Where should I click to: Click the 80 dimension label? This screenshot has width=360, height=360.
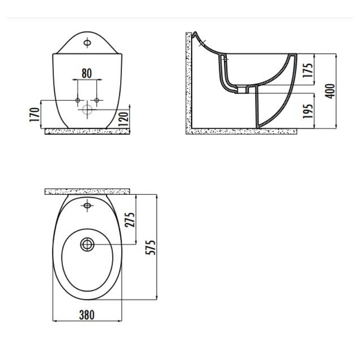[x=87, y=72]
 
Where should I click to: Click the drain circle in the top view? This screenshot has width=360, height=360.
[x=87, y=244]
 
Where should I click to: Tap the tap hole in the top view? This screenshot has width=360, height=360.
[x=87, y=206]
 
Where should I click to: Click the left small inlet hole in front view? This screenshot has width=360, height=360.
[x=77, y=99]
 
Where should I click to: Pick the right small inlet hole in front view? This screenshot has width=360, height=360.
[x=97, y=99]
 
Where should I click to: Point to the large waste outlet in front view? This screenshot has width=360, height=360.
[x=87, y=108]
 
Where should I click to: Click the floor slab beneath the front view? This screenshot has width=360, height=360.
[x=87, y=131]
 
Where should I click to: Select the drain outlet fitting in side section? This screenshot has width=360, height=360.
[x=243, y=90]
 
